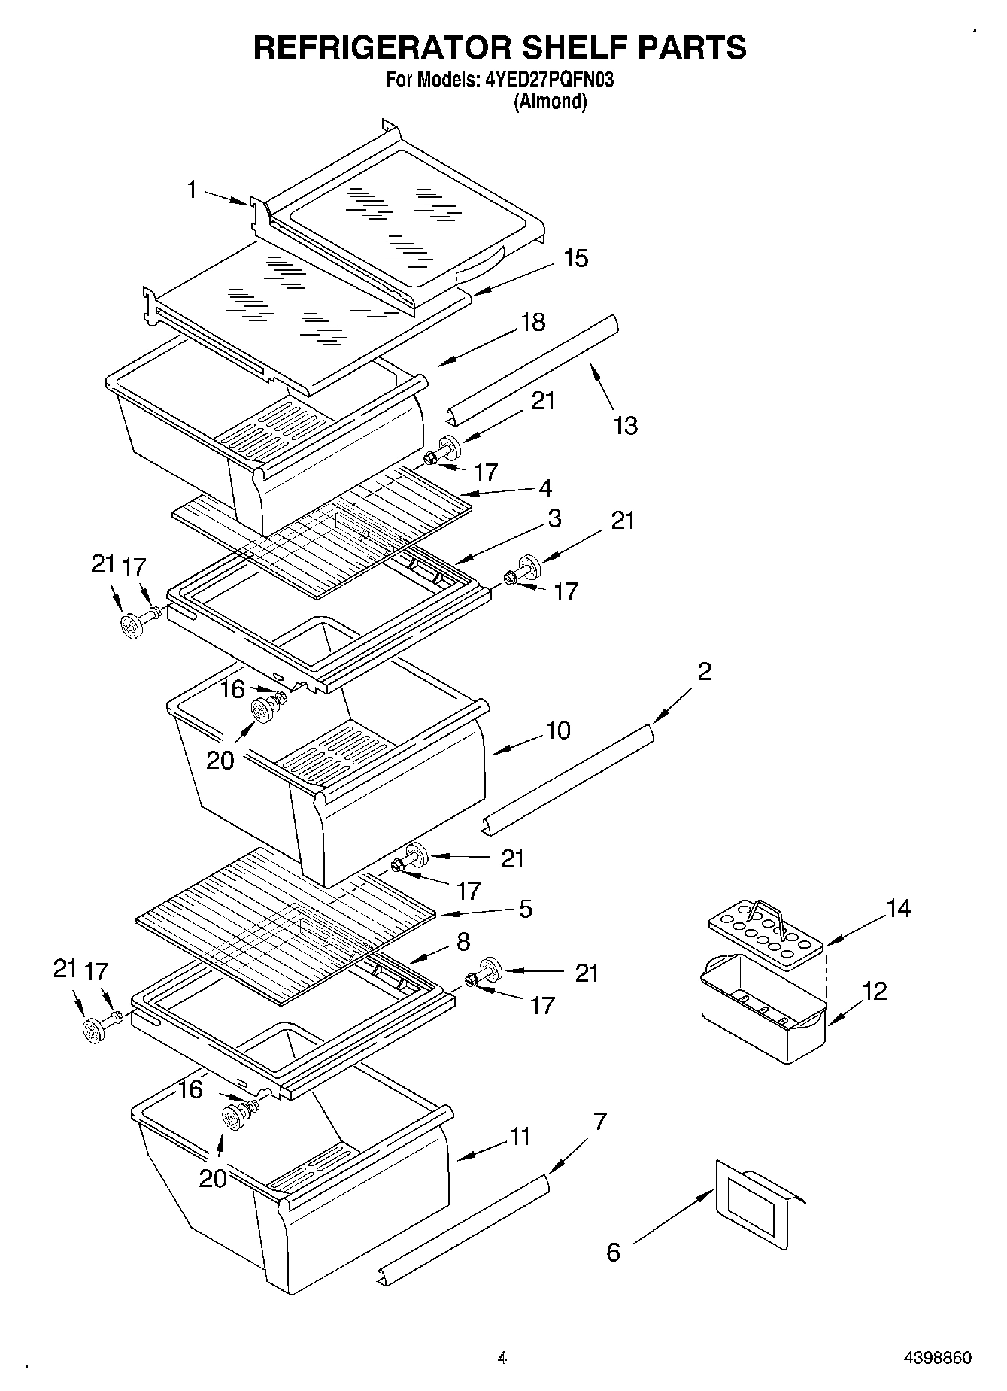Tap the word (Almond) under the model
coord(550,102)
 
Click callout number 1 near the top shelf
coord(193,190)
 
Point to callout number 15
coord(575,258)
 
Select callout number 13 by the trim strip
coord(625,425)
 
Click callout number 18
coord(532,322)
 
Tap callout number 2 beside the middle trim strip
coord(703,670)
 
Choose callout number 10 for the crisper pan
coord(557,730)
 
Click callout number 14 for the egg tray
coord(898,908)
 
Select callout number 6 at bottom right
coord(614,1252)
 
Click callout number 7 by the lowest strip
coord(599,1122)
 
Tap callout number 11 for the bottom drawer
coord(520,1136)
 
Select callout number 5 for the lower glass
coord(525,908)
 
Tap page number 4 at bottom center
coord(502,1358)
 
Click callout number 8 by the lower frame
coord(463,941)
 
